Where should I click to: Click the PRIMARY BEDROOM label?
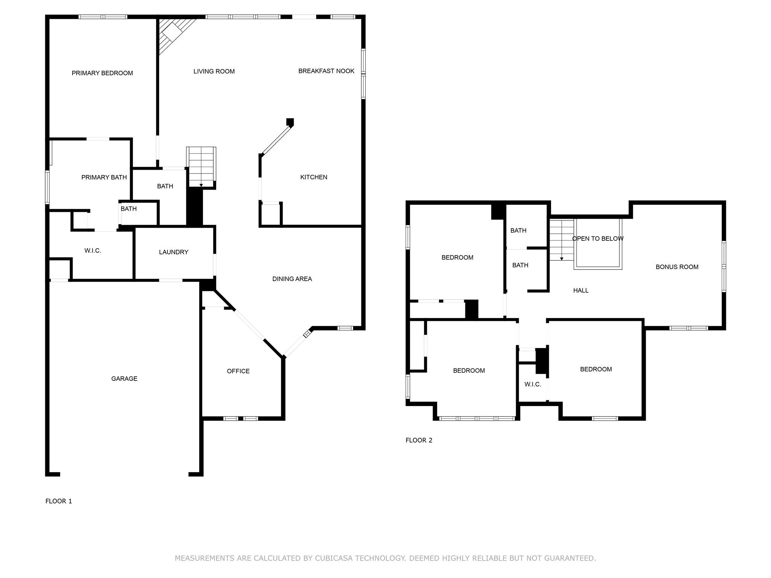(102, 73)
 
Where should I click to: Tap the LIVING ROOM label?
(214, 71)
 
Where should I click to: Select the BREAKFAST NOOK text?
(326, 71)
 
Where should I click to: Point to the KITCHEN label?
(314, 177)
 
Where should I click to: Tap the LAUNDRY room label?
(173, 252)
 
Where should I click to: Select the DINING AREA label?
(292, 279)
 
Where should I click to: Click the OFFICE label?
(238, 371)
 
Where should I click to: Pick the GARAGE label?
(124, 379)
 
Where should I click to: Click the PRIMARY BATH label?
(104, 177)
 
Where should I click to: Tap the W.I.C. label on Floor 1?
(93, 251)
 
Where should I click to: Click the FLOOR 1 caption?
(58, 501)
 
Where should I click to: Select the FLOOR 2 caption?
(419, 440)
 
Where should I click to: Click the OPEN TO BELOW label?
(597, 239)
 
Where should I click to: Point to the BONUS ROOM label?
(677, 267)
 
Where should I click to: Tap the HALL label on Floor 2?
(581, 290)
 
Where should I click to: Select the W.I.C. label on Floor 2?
(532, 384)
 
